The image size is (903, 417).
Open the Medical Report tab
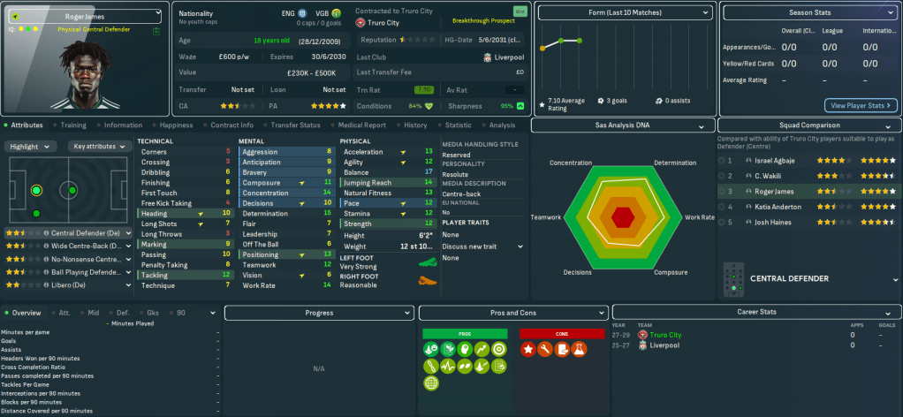coord(361,125)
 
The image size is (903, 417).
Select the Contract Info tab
coord(231,125)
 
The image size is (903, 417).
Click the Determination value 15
coord(328,213)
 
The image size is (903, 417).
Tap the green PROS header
coord(465,333)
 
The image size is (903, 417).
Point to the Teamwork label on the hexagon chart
coord(545,216)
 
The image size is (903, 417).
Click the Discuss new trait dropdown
coord(482,246)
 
